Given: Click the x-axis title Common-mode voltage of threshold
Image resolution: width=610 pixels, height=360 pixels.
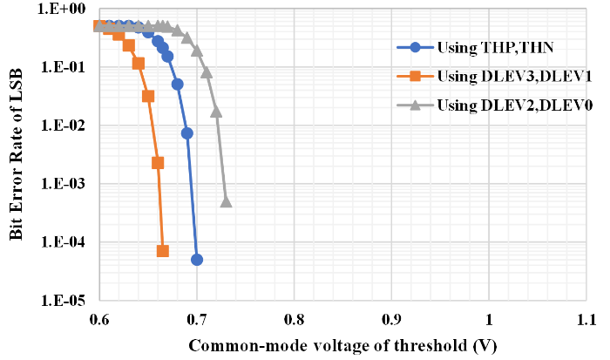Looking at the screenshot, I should [342, 345].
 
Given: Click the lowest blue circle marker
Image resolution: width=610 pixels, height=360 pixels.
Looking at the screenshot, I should [197, 260].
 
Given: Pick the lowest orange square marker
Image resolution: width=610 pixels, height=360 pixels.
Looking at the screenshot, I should [163, 251].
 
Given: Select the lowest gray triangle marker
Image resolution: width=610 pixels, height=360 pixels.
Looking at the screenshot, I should [226, 201].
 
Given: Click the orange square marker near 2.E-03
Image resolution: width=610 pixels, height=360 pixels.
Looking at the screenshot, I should [158, 163].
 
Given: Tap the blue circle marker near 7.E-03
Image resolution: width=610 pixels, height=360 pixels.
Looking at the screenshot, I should [187, 133].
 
